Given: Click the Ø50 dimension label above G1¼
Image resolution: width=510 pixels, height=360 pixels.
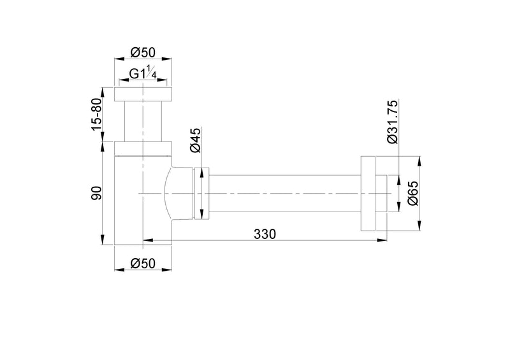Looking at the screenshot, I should click(143, 52).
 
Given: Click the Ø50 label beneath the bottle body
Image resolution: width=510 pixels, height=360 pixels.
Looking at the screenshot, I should click(143, 263).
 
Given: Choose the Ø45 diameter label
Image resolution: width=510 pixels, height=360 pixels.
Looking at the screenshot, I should click(196, 140).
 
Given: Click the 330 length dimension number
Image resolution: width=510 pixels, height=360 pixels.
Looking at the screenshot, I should click(265, 234).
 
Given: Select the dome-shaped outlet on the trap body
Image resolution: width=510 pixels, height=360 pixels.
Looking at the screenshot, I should click(173, 193).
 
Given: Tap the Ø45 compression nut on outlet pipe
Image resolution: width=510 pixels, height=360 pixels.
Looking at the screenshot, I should click(201, 193).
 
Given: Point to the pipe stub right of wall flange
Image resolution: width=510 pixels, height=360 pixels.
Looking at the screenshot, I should click(382, 193).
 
